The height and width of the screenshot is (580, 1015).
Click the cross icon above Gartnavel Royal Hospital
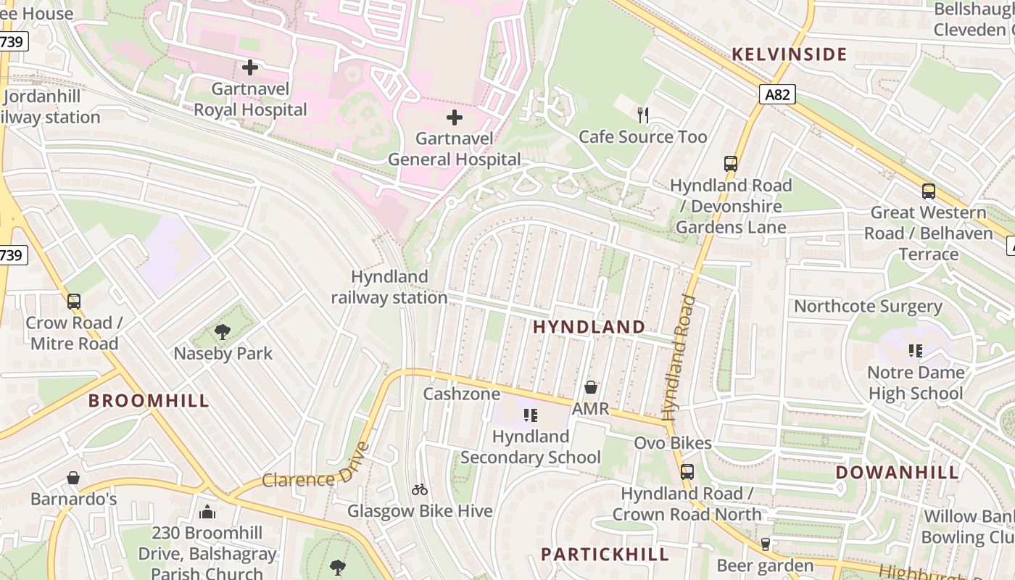click(250, 67)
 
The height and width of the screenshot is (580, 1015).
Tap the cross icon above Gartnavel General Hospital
click(455, 117)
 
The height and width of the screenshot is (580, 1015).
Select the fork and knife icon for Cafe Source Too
click(642, 115)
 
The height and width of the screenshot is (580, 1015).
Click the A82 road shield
click(779, 94)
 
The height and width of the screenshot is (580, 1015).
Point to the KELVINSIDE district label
click(789, 54)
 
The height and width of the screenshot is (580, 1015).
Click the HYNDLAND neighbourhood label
click(589, 327)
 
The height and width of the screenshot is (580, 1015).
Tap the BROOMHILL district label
click(149, 400)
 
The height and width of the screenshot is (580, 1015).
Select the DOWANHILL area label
click(897, 473)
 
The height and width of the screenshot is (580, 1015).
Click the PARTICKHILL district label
click(605, 555)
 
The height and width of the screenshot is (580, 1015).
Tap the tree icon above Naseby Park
click(223, 332)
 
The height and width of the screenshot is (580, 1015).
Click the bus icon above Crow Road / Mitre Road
click(74, 302)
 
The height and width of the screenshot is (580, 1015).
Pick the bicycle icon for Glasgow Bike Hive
click(420, 489)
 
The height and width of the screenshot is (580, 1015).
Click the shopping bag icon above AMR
click(591, 387)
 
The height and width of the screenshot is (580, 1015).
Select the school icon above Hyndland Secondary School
click(531, 415)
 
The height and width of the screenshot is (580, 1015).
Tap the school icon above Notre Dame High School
click(916, 351)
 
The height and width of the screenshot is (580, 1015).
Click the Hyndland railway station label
click(389, 287)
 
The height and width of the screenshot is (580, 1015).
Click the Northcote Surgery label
click(868, 306)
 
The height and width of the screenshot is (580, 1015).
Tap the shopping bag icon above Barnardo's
click(73, 478)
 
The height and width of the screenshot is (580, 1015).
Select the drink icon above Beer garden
click(765, 544)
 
